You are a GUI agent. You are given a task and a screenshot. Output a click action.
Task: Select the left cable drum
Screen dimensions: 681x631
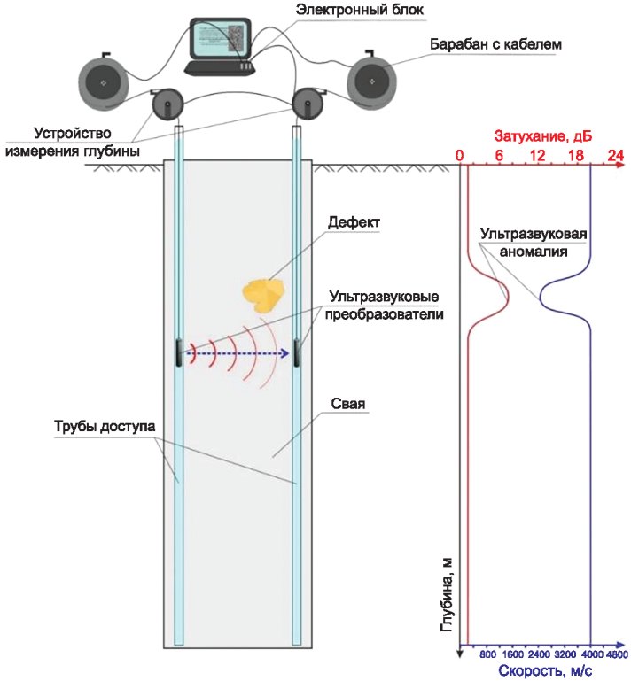click(x=104, y=81)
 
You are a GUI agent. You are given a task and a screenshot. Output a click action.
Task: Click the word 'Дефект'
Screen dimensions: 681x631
click(x=352, y=221)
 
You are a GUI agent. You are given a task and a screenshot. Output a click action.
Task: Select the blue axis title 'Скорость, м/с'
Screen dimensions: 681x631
click(x=545, y=671)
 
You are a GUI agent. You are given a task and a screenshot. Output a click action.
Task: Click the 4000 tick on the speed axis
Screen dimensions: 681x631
click(x=591, y=654)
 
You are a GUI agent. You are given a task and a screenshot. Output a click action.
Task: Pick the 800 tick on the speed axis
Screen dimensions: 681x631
click(x=487, y=654)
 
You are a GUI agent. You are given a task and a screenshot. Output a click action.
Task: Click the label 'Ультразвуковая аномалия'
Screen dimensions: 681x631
click(x=533, y=243)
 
